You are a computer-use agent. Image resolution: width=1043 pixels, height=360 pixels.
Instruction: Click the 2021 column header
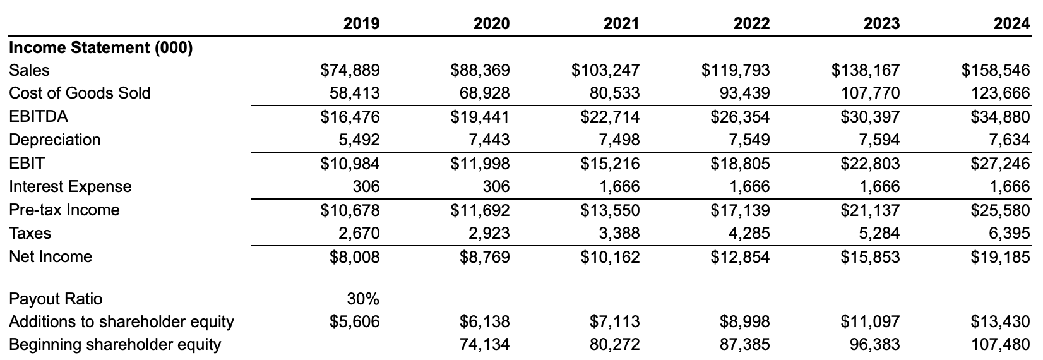pyautogui.click(x=621, y=24)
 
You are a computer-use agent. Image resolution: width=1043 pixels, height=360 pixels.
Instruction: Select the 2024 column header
pyautogui.click(x=1012, y=24)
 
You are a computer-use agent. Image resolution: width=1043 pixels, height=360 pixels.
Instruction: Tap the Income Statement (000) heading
pyautogui.click(x=100, y=47)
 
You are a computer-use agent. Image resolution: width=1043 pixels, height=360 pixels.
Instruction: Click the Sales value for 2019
pyautogui.click(x=355, y=70)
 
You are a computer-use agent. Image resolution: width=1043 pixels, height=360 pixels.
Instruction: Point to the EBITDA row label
pyautogui.click(x=39, y=116)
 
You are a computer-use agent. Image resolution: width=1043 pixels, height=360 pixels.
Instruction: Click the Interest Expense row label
pyautogui.click(x=70, y=186)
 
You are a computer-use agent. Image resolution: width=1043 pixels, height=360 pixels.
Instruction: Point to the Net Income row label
pyautogui.click(x=51, y=256)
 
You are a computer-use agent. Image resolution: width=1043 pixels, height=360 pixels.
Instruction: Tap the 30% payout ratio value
pyautogui.click(x=363, y=299)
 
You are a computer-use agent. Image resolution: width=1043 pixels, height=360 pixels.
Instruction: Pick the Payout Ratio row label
pyautogui.click(x=56, y=299)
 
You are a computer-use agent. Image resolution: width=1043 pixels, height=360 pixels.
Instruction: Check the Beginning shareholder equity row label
pyautogui.click(x=115, y=345)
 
